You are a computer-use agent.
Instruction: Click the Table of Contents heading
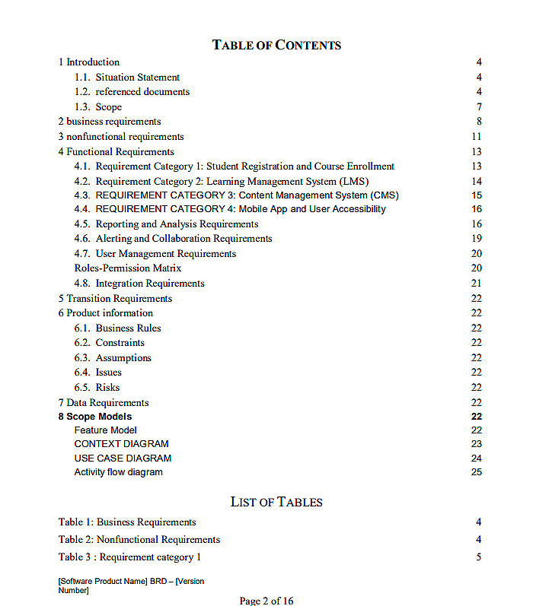pyautogui.click(x=276, y=45)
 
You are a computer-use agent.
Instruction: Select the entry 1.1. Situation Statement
pyautogui.click(x=127, y=77)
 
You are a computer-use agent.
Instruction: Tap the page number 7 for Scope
pyautogui.click(x=479, y=106)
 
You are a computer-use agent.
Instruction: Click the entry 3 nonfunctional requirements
pyautogui.click(x=121, y=137)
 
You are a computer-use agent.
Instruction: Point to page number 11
pyautogui.click(x=477, y=137)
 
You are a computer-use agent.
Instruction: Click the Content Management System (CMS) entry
pyautogui.click(x=236, y=195)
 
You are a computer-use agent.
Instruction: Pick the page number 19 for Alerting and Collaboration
pyautogui.click(x=477, y=239)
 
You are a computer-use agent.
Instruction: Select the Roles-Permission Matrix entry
pyautogui.click(x=128, y=268)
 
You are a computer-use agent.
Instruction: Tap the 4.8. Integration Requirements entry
pyautogui.click(x=139, y=284)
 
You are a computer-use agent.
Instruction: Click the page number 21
pyautogui.click(x=477, y=284)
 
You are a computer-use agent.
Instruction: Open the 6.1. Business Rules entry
pyautogui.click(x=117, y=328)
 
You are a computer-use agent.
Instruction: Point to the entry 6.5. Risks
pyautogui.click(x=97, y=388)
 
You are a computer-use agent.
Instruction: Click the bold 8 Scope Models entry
pyautogui.click(x=95, y=417)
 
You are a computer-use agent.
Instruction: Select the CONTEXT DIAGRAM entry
pyautogui.click(x=122, y=444)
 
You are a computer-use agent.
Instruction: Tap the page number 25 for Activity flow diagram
pyautogui.click(x=477, y=472)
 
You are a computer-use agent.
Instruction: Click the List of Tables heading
pyautogui.click(x=276, y=502)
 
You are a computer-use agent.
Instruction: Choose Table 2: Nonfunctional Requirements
pyautogui.click(x=139, y=540)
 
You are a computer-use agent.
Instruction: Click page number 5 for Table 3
pyautogui.click(x=479, y=557)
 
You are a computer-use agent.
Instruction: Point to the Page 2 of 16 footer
pyautogui.click(x=266, y=601)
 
